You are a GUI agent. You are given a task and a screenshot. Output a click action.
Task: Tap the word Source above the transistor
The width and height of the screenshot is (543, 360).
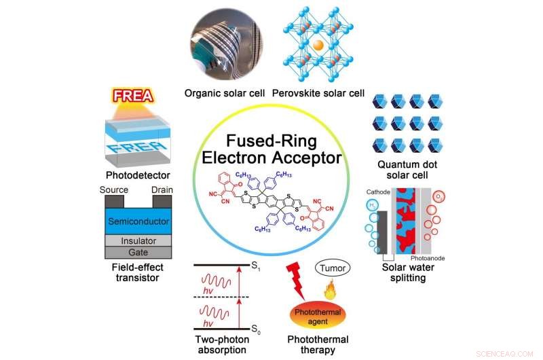pyautogui.click(x=114, y=190)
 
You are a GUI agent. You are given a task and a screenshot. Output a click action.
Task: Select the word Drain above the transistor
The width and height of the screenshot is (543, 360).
pyautogui.click(x=162, y=190)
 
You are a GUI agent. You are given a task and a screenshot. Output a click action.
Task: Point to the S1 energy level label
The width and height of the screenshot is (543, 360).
pyautogui.click(x=255, y=268)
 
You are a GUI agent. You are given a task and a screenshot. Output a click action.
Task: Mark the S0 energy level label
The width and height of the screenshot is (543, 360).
pyautogui.click(x=255, y=330)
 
